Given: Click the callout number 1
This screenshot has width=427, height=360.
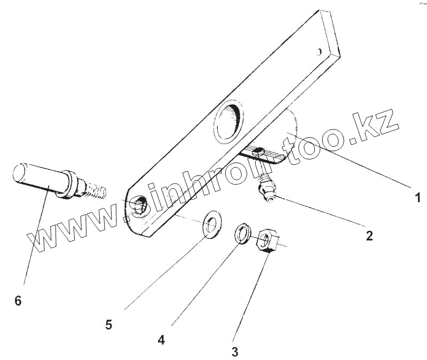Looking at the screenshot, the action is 418,197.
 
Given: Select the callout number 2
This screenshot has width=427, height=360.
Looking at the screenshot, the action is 369,235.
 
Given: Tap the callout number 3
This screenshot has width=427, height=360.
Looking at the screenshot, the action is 235,351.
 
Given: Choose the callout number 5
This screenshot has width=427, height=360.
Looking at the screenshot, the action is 109,324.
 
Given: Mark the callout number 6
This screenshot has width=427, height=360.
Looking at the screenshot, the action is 18,300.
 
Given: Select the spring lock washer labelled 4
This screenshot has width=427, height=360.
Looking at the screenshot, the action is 243,234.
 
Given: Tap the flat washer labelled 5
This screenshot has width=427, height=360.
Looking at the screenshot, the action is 213,224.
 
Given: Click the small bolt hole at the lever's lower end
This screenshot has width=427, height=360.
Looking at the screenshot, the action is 140,204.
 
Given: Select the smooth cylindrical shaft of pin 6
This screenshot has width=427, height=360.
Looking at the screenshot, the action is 37,176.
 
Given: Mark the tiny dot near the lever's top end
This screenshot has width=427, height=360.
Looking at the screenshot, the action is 319,52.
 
